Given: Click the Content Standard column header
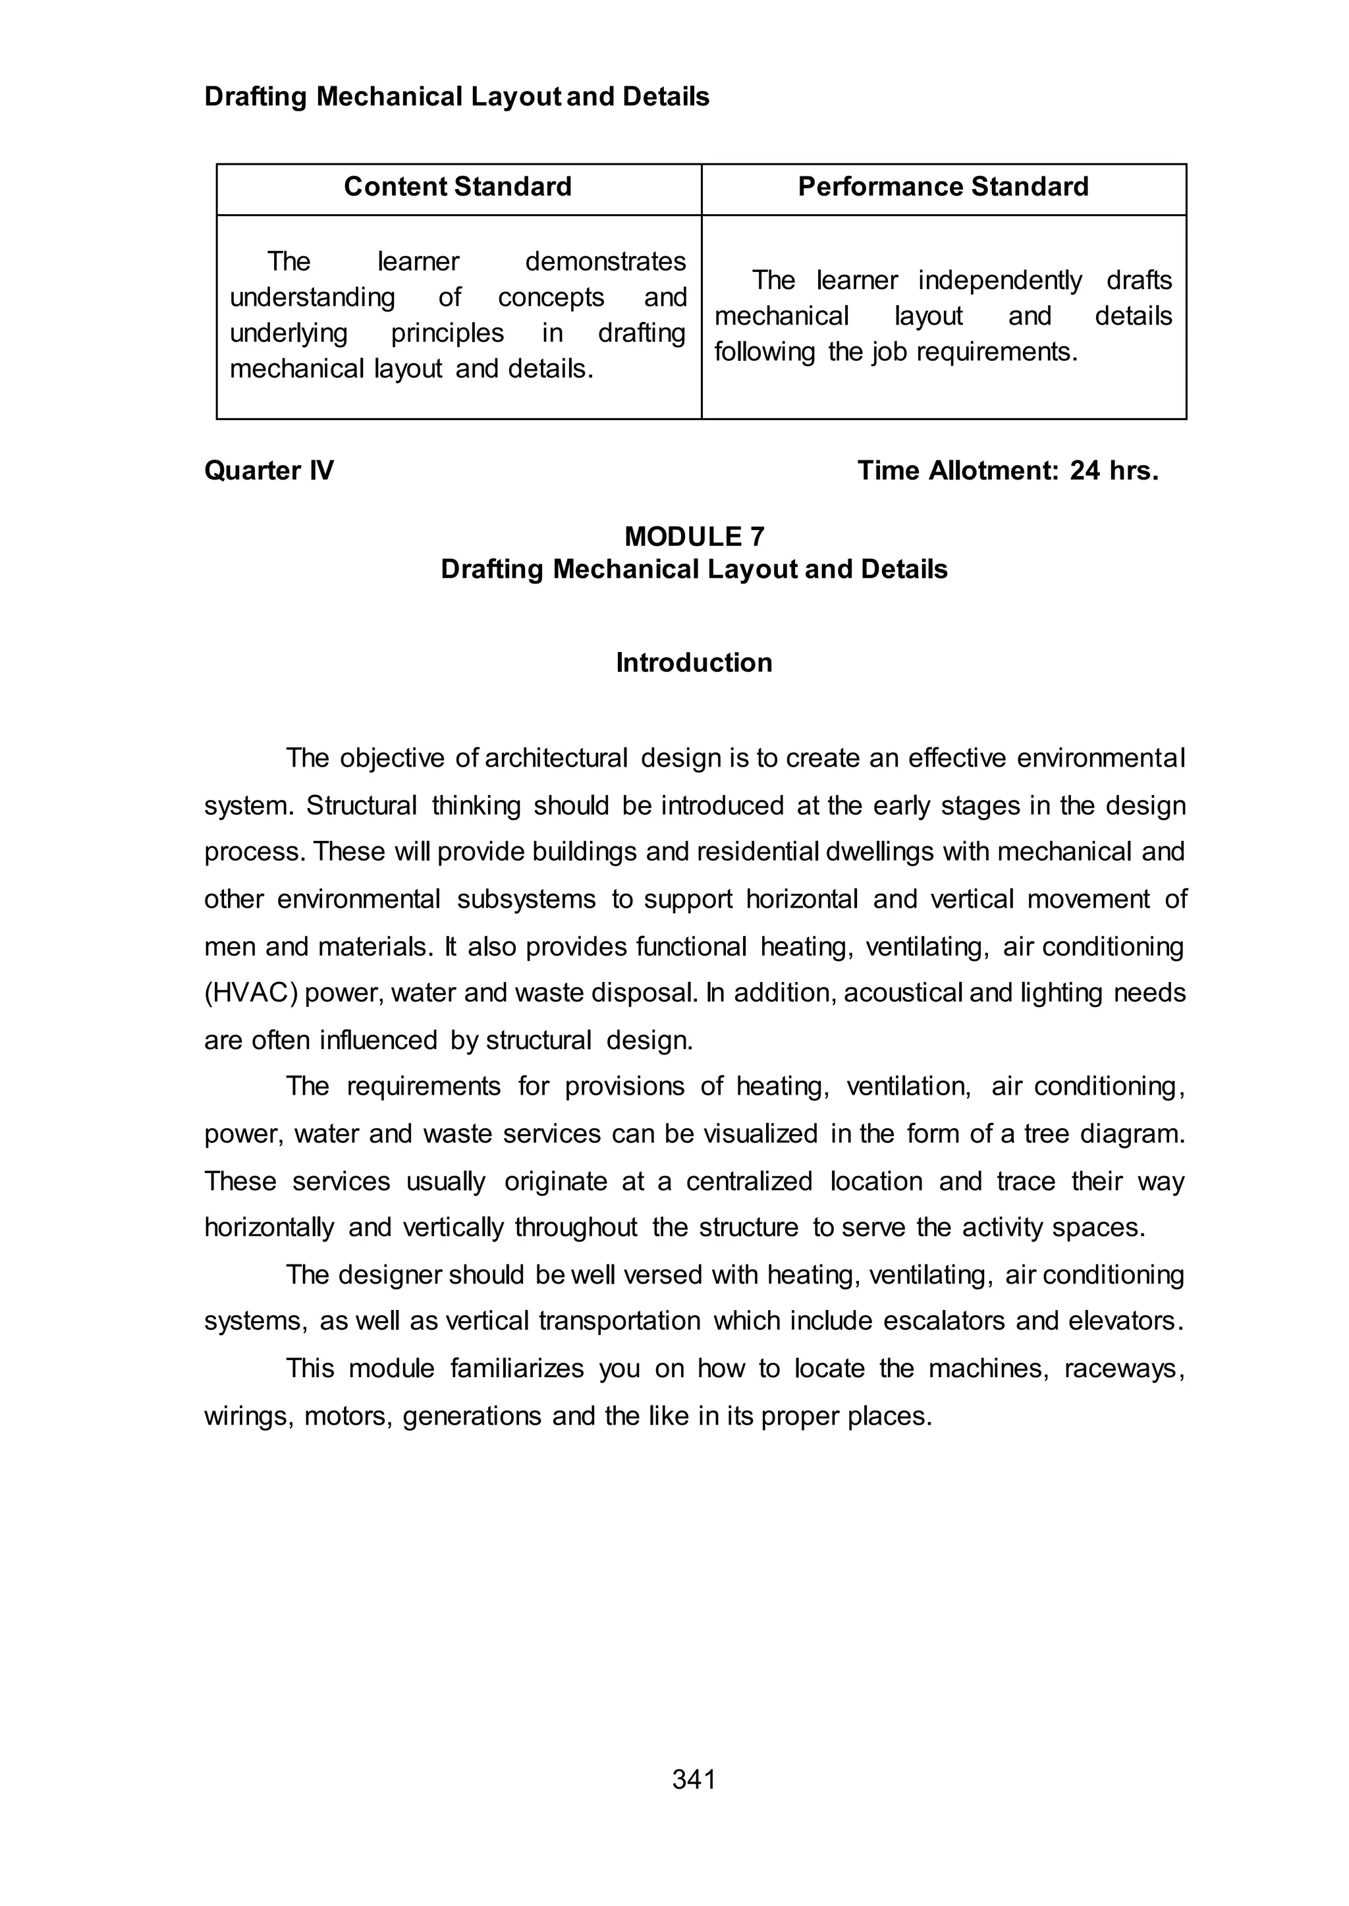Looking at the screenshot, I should point(458,187).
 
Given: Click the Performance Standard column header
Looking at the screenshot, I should point(943,187).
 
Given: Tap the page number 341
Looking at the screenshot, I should point(694,1780).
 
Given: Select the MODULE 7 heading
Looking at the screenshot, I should point(694,537).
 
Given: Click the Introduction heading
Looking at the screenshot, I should point(694,663).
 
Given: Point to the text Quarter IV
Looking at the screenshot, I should point(269,471).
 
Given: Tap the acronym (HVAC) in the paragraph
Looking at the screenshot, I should point(251,993).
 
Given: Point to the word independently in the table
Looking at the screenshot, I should point(999,281).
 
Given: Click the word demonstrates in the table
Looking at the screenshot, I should point(605,261).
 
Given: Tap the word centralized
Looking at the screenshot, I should point(748,1181).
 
